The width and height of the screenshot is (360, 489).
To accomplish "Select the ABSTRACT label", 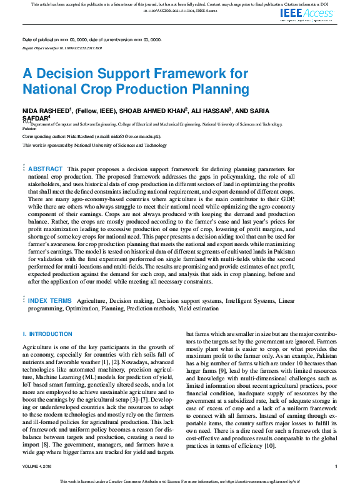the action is [x=46, y=169].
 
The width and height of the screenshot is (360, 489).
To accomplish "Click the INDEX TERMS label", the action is [x=49, y=300].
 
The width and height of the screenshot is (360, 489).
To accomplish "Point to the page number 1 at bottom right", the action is [x=336, y=466].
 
